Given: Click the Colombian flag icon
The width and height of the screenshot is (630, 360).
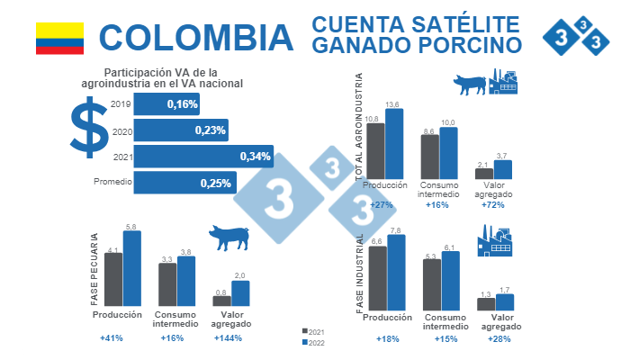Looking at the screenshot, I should (x=59, y=39).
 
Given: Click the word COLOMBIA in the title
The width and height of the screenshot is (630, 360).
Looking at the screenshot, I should (x=195, y=38).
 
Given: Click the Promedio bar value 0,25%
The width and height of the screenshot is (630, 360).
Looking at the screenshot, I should (x=216, y=183).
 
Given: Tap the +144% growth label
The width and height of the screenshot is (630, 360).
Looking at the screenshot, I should (x=229, y=338).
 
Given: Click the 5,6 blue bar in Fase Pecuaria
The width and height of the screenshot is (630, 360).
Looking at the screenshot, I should (x=131, y=269).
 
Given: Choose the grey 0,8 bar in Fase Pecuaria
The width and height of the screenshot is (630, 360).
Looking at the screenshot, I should (x=221, y=301).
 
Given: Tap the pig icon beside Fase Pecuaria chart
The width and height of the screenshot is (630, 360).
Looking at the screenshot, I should (x=230, y=238).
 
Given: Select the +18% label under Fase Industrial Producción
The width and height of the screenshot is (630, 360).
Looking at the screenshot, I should (x=386, y=338).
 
